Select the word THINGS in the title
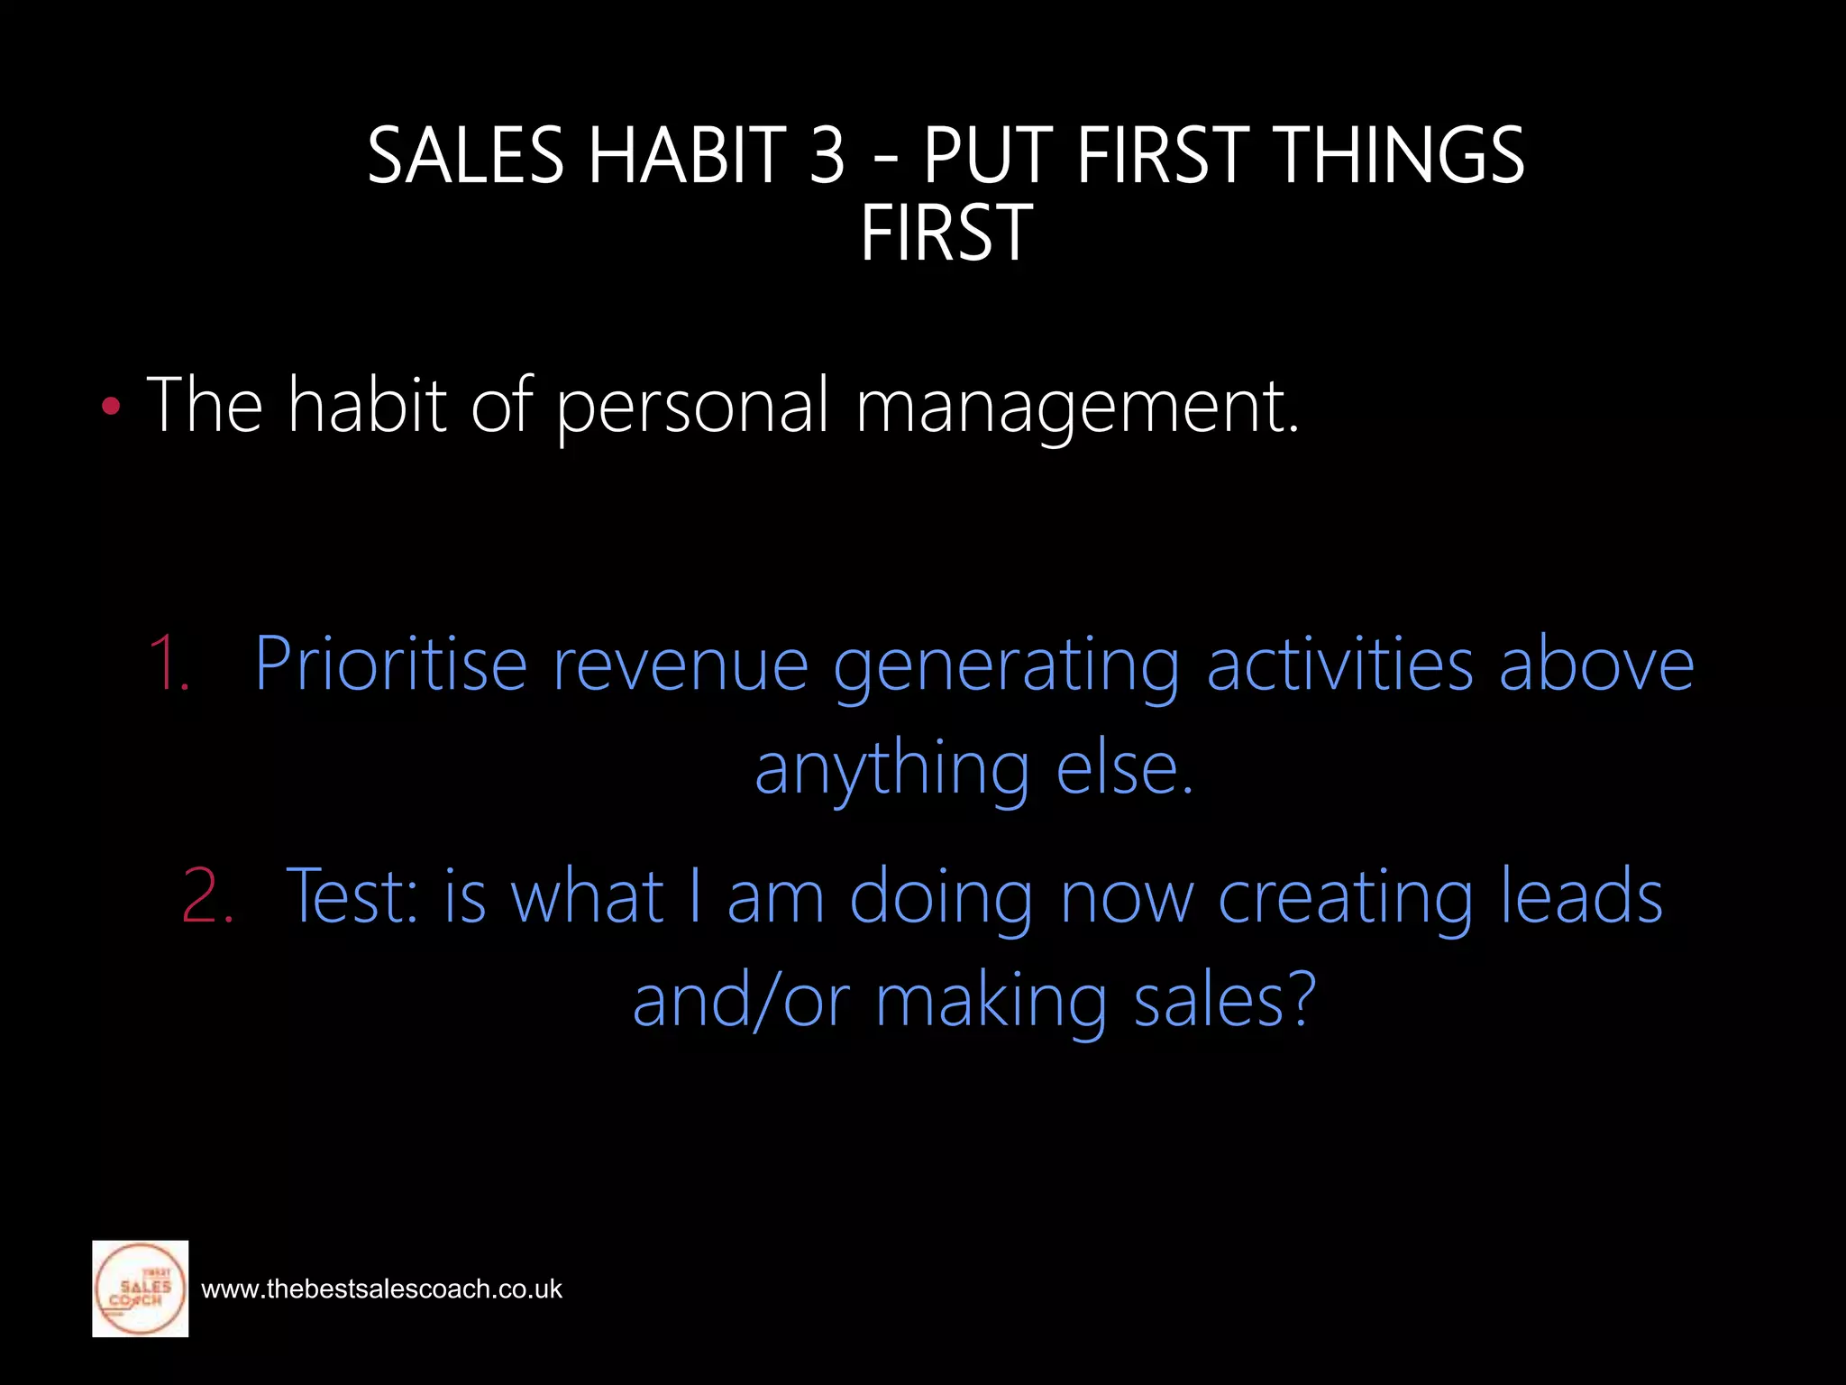(1401, 155)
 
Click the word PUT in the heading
(988, 155)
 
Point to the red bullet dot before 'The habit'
(111, 407)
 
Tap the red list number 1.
(169, 664)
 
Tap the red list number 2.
(207, 896)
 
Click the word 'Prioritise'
(390, 665)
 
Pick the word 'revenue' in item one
(681, 665)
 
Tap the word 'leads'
(1582, 896)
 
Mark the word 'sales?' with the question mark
(1224, 1001)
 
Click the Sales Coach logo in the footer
(141, 1289)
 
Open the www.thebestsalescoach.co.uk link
(381, 1289)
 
